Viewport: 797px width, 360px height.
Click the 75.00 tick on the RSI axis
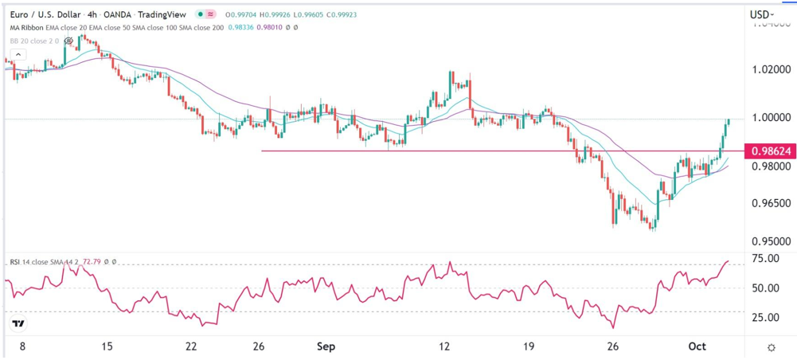pos(764,259)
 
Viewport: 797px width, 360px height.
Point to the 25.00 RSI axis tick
pos(764,317)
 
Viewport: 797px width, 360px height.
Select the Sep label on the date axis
pos(326,347)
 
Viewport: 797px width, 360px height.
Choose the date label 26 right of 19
pos(613,347)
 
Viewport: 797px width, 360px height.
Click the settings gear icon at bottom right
pos(772,348)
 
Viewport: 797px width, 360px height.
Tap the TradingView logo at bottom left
pos(18,324)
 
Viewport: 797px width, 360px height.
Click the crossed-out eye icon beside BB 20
pos(69,41)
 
